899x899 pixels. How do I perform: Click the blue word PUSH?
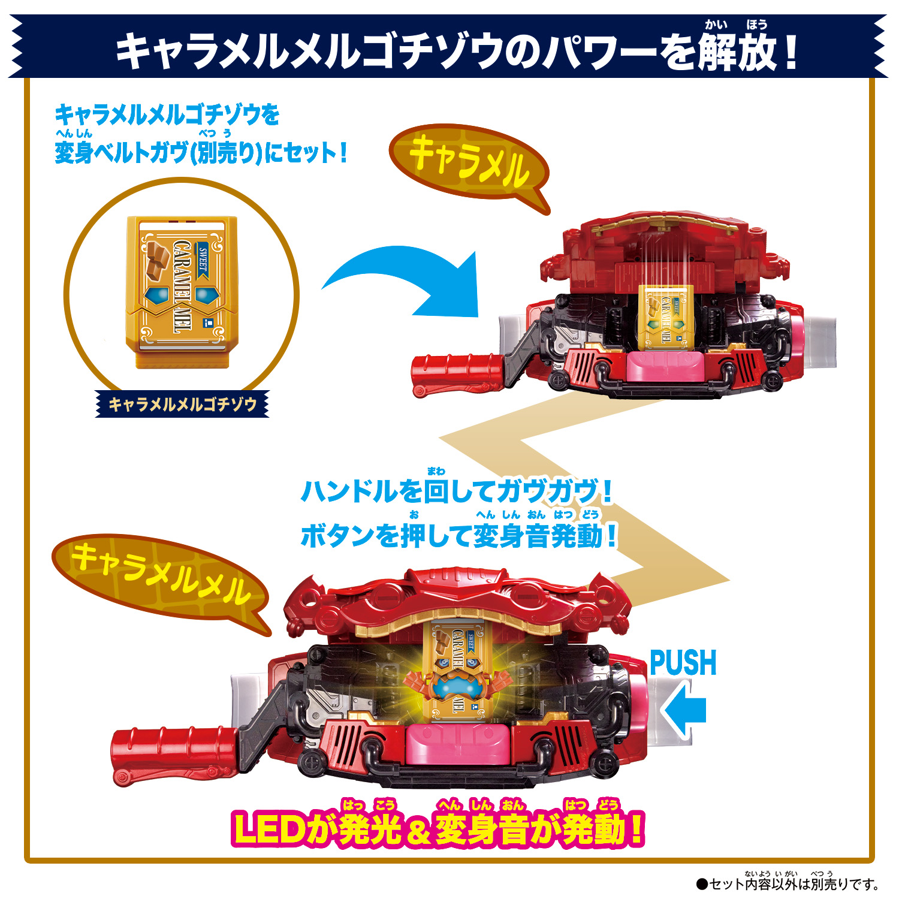[x=683, y=663]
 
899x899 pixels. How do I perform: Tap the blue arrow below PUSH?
[x=685, y=709]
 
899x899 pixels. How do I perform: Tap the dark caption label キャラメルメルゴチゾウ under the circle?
[x=182, y=405]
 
